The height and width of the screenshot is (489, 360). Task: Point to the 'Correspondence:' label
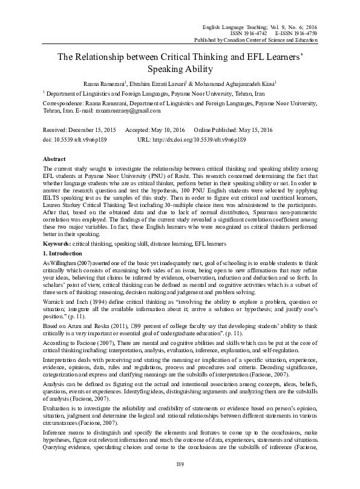pyautogui.click(x=65, y=103)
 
